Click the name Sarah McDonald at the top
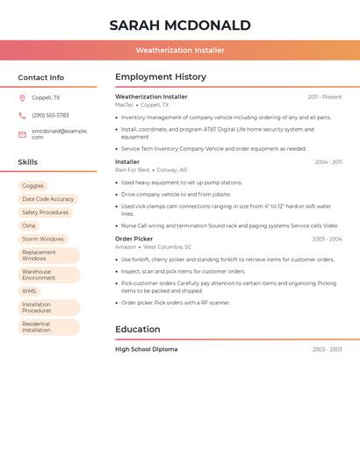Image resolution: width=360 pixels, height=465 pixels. coord(180,25)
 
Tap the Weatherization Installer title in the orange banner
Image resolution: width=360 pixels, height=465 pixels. coord(180,50)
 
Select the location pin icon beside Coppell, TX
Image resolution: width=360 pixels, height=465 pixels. coord(22,97)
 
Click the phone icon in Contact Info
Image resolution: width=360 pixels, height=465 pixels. coord(22,115)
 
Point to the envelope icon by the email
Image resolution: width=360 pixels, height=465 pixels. coord(22,134)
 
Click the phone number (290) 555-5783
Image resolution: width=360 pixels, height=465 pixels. coord(50,115)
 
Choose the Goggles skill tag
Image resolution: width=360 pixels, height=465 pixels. coord(32,186)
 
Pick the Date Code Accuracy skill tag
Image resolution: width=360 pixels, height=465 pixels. coord(47,199)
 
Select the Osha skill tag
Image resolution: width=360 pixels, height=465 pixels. coord(29,225)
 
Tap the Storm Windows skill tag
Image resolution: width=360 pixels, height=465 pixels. coord(43,239)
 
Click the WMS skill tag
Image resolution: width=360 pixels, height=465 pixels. coord(29,291)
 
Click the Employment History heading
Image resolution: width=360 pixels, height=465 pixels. coord(161,77)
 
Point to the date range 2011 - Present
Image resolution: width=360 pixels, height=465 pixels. coord(325,97)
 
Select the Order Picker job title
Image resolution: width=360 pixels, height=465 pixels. coord(133,239)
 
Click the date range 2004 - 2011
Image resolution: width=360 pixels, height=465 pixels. coord(328,162)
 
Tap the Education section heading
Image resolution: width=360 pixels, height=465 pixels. coord(138,329)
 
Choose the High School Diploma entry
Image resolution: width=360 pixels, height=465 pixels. coord(146,349)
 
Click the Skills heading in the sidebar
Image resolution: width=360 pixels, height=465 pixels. coord(28,162)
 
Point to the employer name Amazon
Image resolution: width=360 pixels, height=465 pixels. coord(126,247)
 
